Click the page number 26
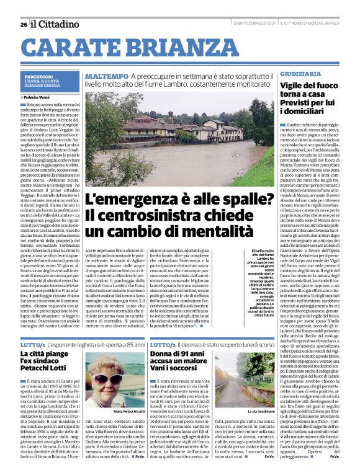[24, 24]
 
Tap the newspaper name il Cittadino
[55, 24]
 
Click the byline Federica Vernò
[38, 97]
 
